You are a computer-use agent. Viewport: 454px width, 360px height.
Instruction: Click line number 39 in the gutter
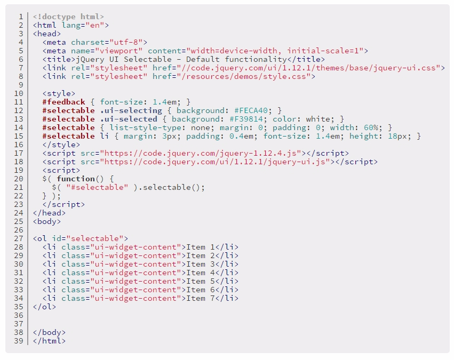19,341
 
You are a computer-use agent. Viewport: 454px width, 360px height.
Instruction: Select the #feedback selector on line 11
63,102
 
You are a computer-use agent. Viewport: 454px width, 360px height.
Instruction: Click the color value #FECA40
251,110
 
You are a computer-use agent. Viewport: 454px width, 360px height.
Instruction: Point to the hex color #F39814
246,119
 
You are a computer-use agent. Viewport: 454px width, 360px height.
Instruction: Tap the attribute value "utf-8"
126,43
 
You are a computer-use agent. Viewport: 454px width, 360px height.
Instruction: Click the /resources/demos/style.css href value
243,77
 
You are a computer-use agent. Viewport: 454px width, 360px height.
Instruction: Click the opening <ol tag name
39,239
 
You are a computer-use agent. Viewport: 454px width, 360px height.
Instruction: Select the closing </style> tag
61,145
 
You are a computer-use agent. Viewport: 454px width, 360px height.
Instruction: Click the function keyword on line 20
76,179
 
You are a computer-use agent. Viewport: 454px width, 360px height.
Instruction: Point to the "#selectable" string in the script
97,188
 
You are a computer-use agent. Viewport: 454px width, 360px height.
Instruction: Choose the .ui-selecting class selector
131,111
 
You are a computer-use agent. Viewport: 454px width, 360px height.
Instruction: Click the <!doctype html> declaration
68,17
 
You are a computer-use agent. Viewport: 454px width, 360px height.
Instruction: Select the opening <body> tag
47,222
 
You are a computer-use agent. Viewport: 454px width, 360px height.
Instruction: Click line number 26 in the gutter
19,230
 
